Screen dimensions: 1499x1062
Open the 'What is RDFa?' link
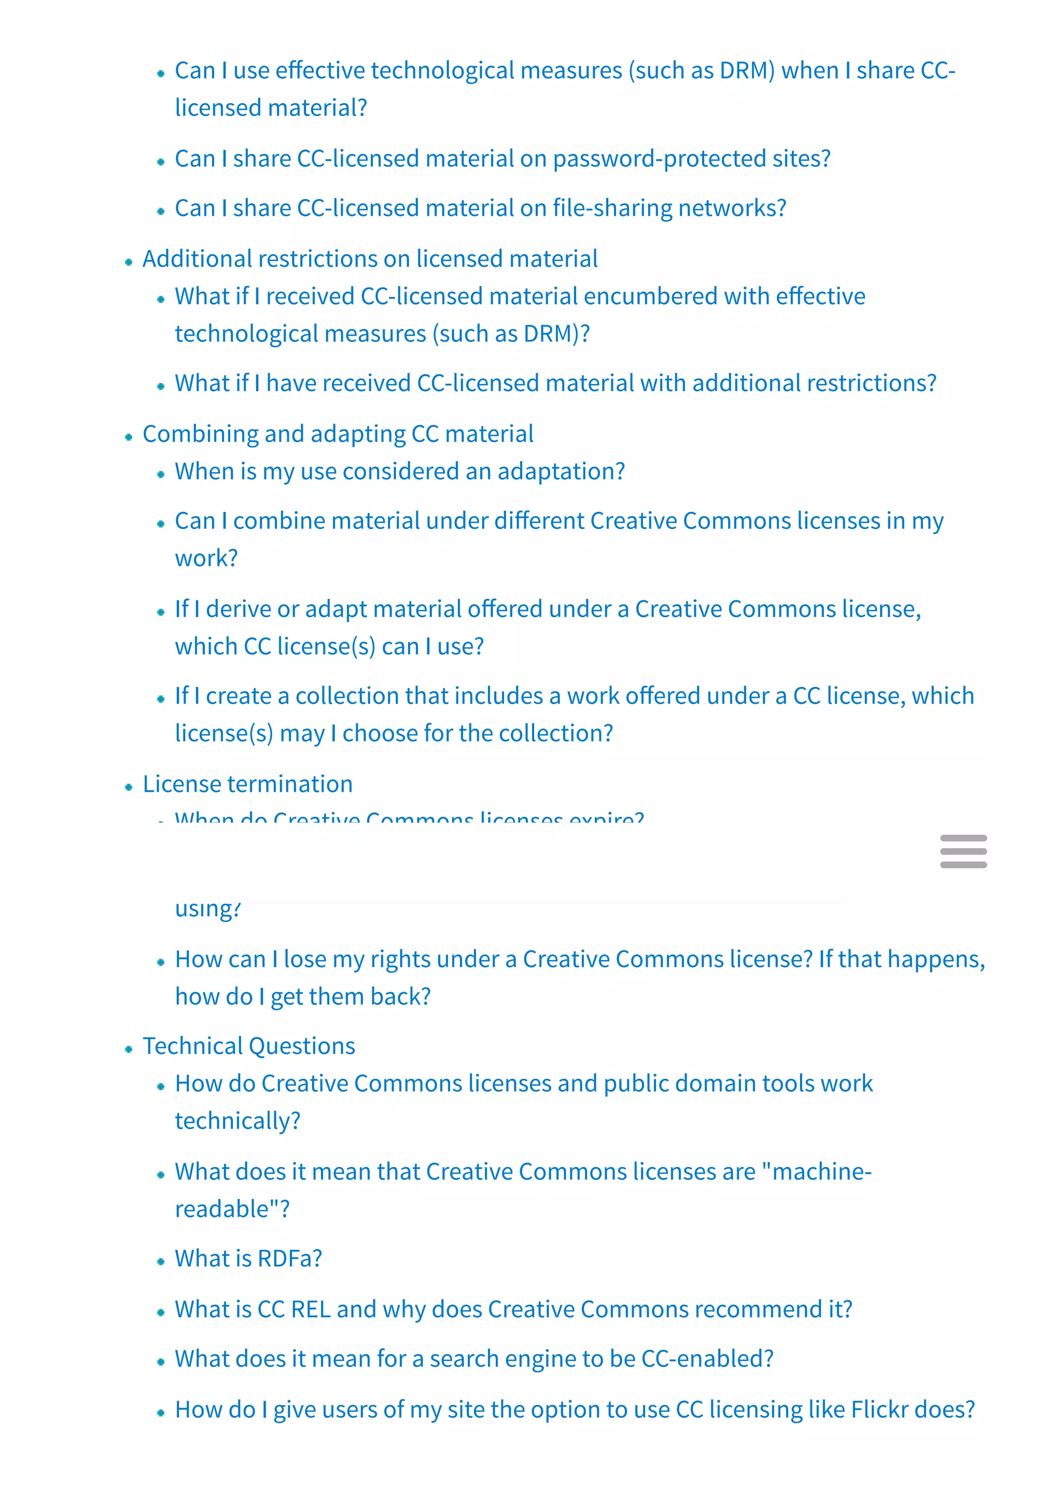[248, 1259]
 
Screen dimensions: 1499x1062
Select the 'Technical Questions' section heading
[248, 1046]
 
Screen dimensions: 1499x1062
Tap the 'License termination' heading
[247, 784]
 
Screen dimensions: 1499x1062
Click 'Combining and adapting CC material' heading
[338, 434]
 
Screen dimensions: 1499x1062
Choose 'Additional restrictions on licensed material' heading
[370, 259]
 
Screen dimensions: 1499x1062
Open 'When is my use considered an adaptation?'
[400, 471]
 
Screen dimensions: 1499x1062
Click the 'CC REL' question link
[513, 1309]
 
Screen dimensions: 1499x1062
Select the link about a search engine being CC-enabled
[474, 1359]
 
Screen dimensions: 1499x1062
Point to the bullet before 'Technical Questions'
[129, 1049]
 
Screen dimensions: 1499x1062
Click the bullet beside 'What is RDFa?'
[161, 1262]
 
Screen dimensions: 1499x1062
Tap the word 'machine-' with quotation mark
[817, 1172]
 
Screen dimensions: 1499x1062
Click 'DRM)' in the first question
[747, 70]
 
